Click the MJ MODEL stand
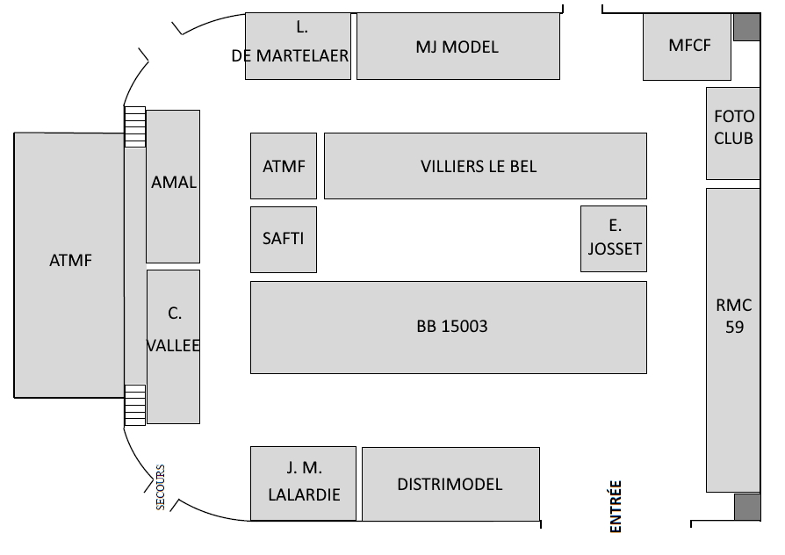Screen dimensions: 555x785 coord(457,47)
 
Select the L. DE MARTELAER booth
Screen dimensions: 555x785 coord(298,47)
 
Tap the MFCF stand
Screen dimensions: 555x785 coord(688,47)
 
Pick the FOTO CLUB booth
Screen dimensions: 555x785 coord(733,133)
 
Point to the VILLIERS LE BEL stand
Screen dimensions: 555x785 coord(485,166)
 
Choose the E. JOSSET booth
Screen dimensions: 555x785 coord(614,239)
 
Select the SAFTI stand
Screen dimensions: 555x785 coord(283,239)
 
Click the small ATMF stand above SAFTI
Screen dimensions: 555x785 coord(283,166)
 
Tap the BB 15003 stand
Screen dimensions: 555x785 coord(449,327)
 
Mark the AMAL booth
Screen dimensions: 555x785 coord(173,186)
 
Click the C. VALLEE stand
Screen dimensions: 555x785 coord(173,347)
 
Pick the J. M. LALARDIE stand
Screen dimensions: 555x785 coord(303,484)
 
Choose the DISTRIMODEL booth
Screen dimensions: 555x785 coord(450,484)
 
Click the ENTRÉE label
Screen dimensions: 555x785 coord(616,507)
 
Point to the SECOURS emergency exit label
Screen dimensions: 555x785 coord(160,487)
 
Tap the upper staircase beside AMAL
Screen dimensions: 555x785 coord(133,126)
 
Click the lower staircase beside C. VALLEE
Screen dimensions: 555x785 coord(133,405)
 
